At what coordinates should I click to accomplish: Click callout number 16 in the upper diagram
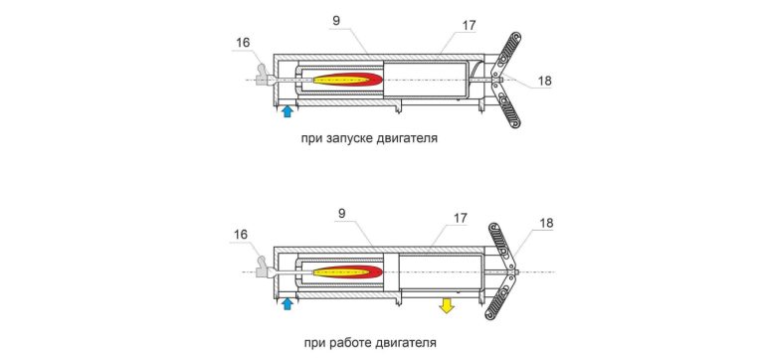[x=243, y=43]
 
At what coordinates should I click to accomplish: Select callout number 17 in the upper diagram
[x=469, y=25]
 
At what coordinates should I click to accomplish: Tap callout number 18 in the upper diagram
[x=545, y=81]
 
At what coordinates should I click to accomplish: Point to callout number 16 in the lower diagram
[x=240, y=235]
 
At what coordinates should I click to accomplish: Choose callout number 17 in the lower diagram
[x=460, y=218]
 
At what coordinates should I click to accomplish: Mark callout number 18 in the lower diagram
[x=547, y=223]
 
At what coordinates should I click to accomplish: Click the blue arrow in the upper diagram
[x=287, y=111]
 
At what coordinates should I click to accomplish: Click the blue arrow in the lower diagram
[x=287, y=303]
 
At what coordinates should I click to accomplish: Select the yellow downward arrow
[x=447, y=306]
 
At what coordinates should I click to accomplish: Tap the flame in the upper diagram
[x=347, y=80]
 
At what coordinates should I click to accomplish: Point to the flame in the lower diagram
[x=347, y=271]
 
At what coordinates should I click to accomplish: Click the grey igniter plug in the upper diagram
[x=263, y=77]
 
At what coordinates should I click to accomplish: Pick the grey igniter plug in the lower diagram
[x=263, y=268]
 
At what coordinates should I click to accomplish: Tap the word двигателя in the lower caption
[x=406, y=343]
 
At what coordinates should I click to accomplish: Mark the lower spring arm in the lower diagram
[x=498, y=298]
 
